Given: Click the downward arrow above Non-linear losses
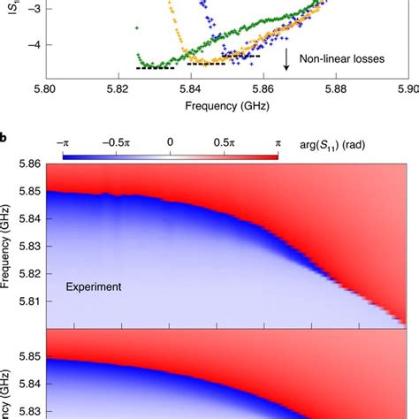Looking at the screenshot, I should pyautogui.click(x=287, y=59).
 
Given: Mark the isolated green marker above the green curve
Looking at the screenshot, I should pyautogui.click(x=136, y=28).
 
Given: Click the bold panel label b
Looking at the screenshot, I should pyautogui.click(x=5, y=129).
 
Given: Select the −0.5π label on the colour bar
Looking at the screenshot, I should pyautogui.click(x=115, y=141).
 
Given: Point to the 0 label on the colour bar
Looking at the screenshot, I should pyautogui.click(x=170, y=141).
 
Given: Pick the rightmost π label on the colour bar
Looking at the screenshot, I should pyautogui.click(x=278, y=141).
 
